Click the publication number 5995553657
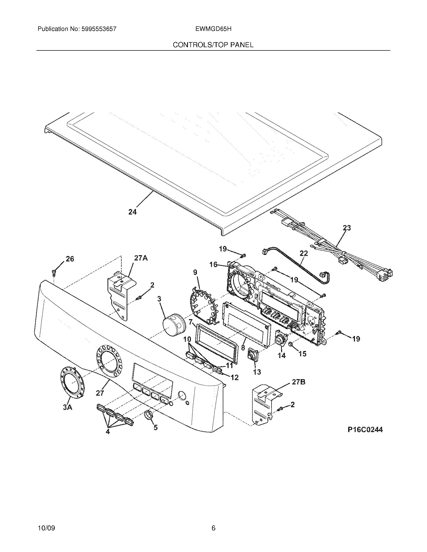coord(99,29)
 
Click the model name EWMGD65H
coord(213,29)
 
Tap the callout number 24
coord(132,212)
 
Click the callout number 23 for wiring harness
coord(347,228)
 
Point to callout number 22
coord(304,253)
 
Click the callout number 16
coord(213,264)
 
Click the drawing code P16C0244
coord(365,429)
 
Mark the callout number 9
coord(195,272)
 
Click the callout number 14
coord(282,355)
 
